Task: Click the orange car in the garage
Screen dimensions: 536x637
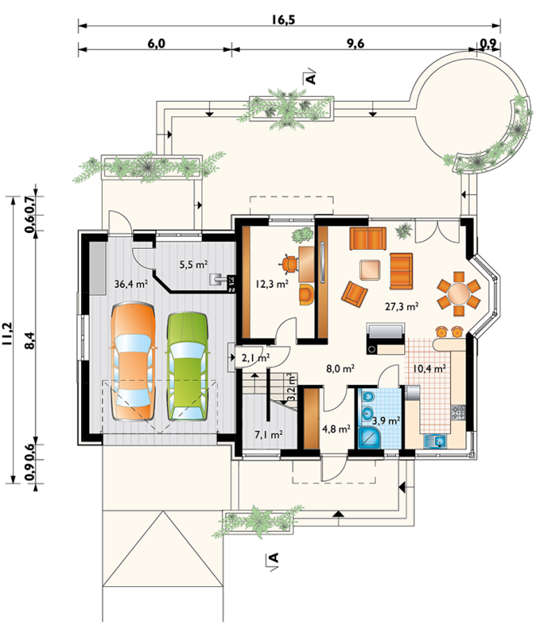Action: (x=133, y=362)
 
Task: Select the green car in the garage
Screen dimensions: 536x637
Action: (x=187, y=366)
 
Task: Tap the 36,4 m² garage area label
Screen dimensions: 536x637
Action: (x=130, y=284)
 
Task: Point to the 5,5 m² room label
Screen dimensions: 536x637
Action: (x=194, y=265)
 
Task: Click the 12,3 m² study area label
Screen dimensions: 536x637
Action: (x=272, y=284)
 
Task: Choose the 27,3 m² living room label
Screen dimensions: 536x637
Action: (x=402, y=306)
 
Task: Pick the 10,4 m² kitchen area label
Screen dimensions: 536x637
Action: (x=429, y=369)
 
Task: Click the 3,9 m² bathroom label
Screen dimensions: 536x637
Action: (x=386, y=420)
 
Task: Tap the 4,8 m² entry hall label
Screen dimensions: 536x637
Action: (x=336, y=429)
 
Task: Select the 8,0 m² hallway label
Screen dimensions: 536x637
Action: (x=340, y=369)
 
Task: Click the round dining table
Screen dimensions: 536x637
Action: (x=459, y=293)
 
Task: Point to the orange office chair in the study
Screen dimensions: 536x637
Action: (x=289, y=264)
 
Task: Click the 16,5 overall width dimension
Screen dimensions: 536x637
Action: (x=283, y=19)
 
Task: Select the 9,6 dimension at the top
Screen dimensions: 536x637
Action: (x=355, y=43)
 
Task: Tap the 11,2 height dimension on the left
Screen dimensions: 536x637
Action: (x=7, y=334)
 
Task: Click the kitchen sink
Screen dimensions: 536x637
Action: (x=436, y=441)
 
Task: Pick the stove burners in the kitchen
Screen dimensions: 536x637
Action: (x=458, y=412)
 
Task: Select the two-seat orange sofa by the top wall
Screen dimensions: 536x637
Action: (x=368, y=239)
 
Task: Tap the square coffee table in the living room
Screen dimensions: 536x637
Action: (x=370, y=270)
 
